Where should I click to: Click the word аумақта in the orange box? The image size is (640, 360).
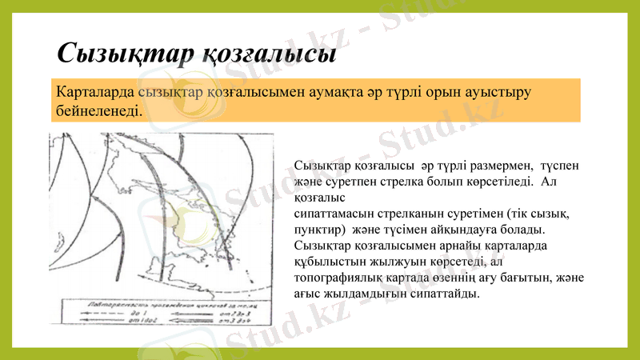tap(346, 92)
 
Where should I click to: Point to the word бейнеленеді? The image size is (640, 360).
tap(100, 110)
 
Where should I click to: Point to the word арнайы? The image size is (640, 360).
tap(446, 246)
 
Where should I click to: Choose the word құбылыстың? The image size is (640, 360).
tap(331, 262)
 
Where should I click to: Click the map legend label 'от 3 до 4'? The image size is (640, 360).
tap(226, 320)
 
